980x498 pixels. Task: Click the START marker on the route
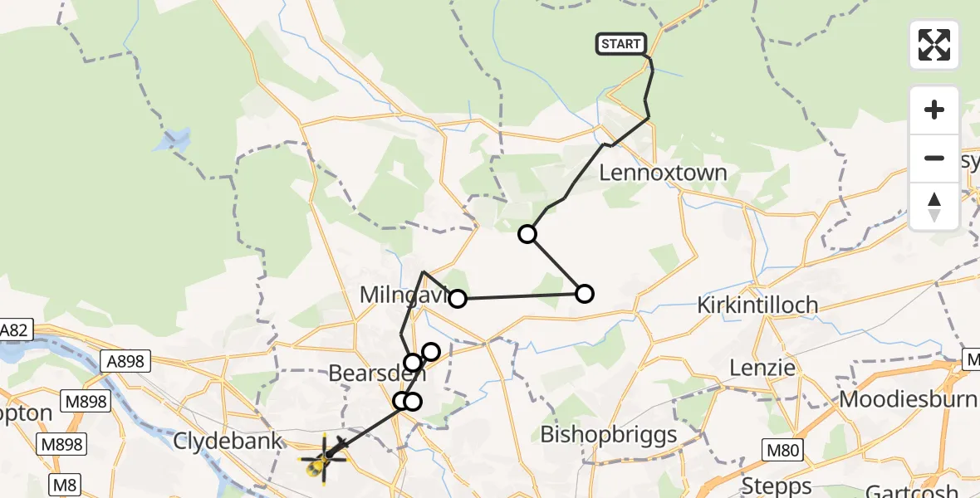pyautogui.click(x=620, y=44)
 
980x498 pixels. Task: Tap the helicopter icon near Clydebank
pyautogui.click(x=321, y=459)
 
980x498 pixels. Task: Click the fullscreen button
pyautogui.click(x=934, y=45)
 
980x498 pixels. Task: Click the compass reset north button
pyautogui.click(x=934, y=207)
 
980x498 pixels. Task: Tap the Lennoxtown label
pyautogui.click(x=663, y=173)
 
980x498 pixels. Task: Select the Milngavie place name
pyautogui.click(x=403, y=295)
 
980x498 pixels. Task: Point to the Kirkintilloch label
pyautogui.click(x=757, y=305)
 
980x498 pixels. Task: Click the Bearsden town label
pyautogui.click(x=370, y=373)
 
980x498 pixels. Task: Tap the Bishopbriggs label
pyautogui.click(x=609, y=434)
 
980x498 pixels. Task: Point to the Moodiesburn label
pyautogui.click(x=909, y=399)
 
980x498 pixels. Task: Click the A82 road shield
pyautogui.click(x=16, y=330)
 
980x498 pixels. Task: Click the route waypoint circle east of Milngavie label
pyautogui.click(x=458, y=298)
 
